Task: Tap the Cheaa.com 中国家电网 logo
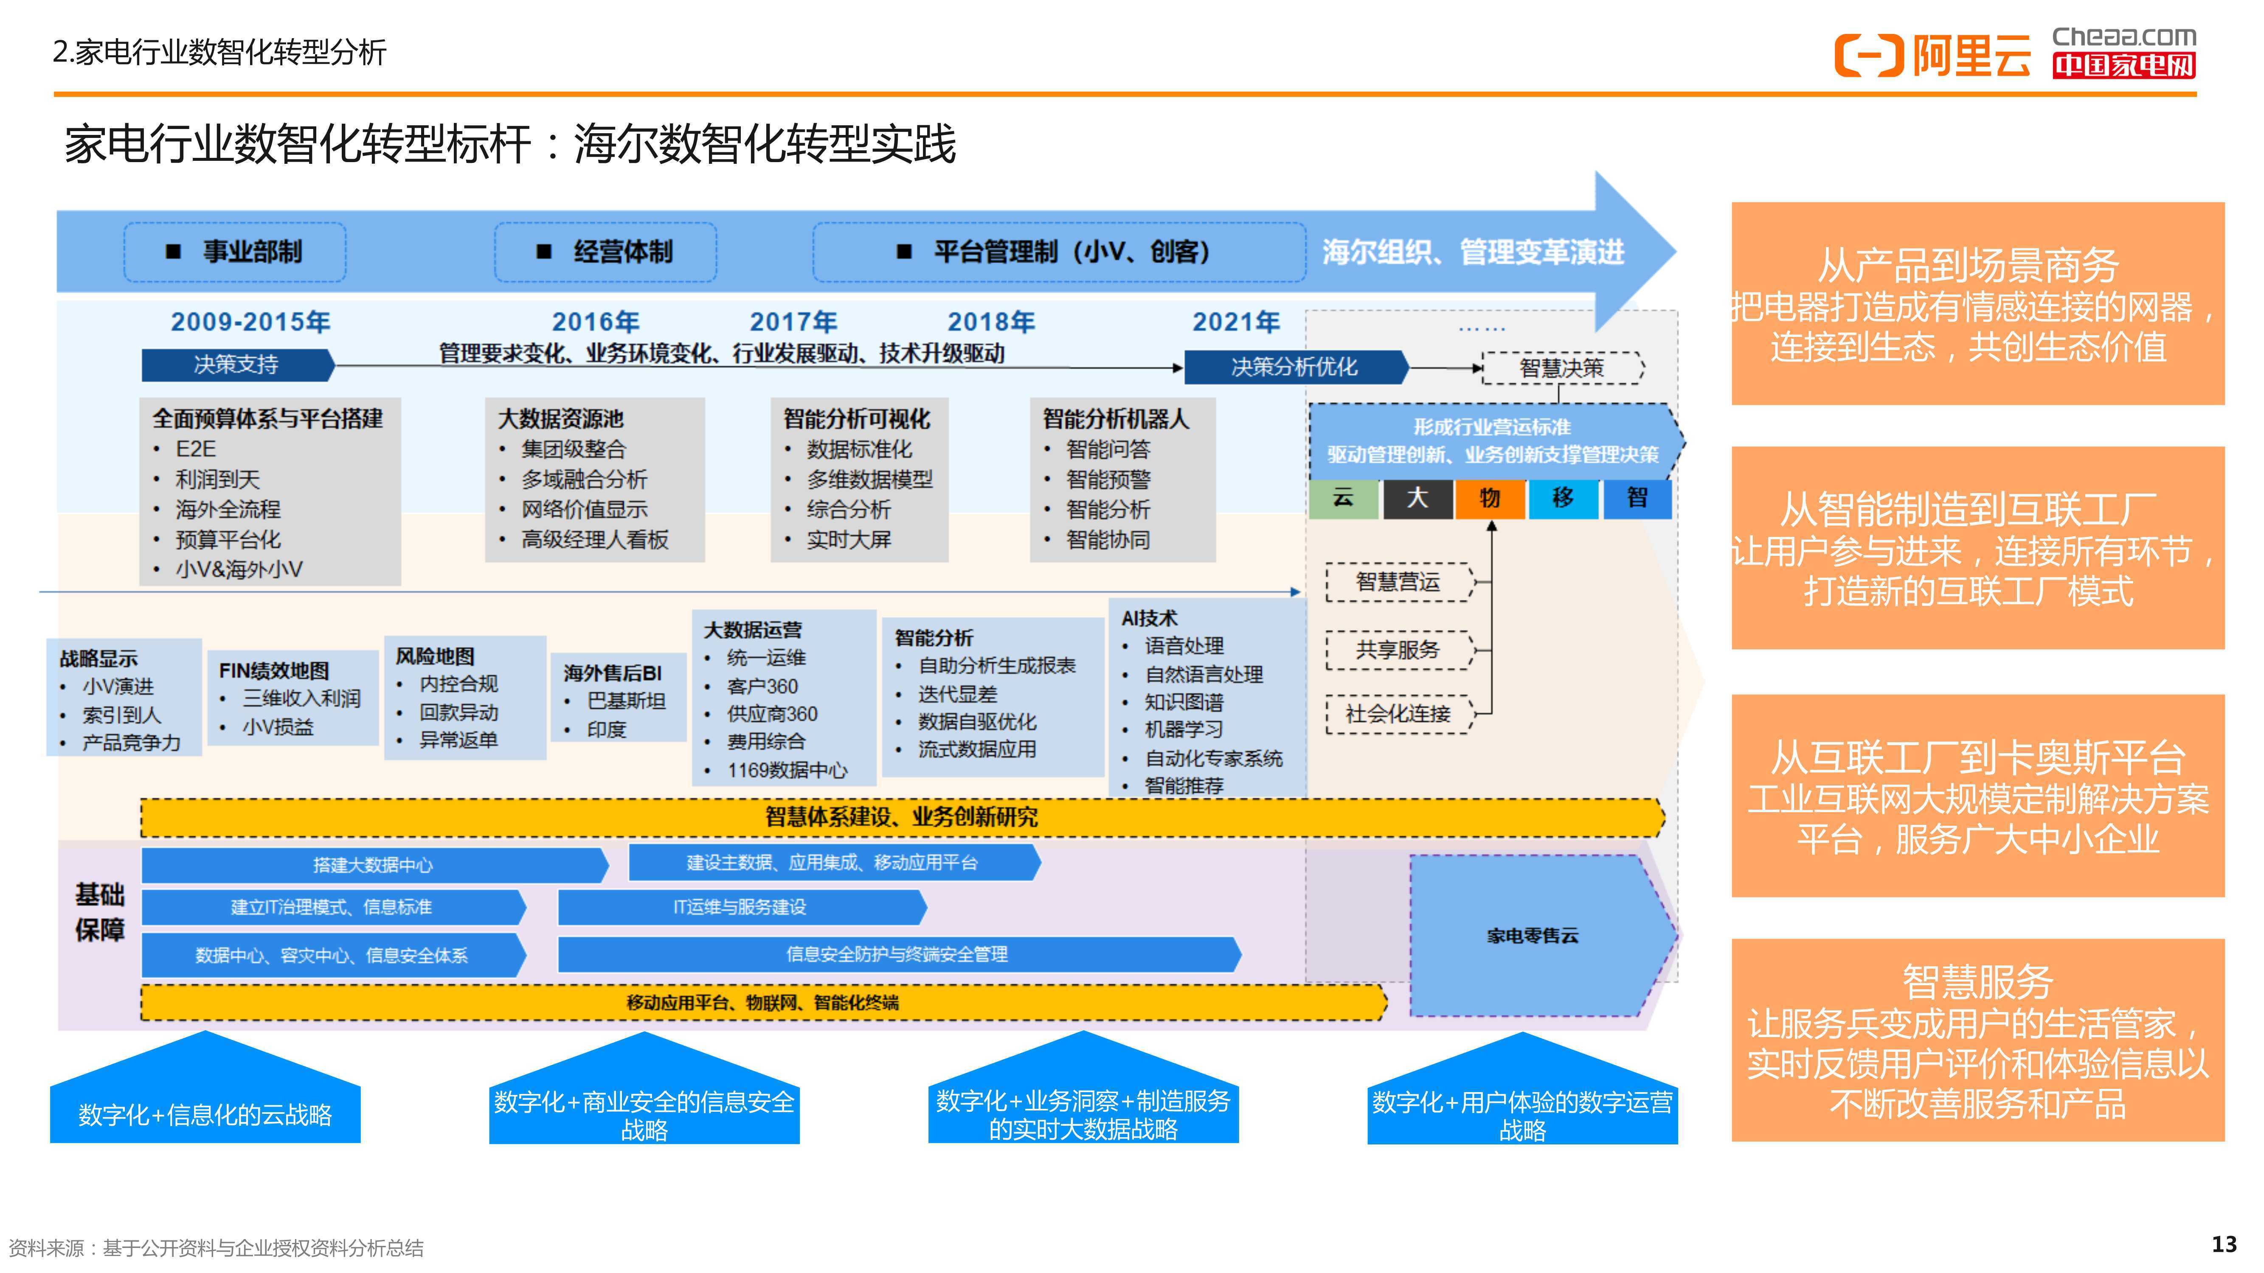coord(2123,52)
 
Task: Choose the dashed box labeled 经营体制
coord(605,252)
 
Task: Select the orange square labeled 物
coord(1490,498)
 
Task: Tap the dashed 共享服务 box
coord(1398,650)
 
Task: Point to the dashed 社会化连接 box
coord(1398,714)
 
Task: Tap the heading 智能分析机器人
coord(1116,419)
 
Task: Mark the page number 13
coord(2225,1245)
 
